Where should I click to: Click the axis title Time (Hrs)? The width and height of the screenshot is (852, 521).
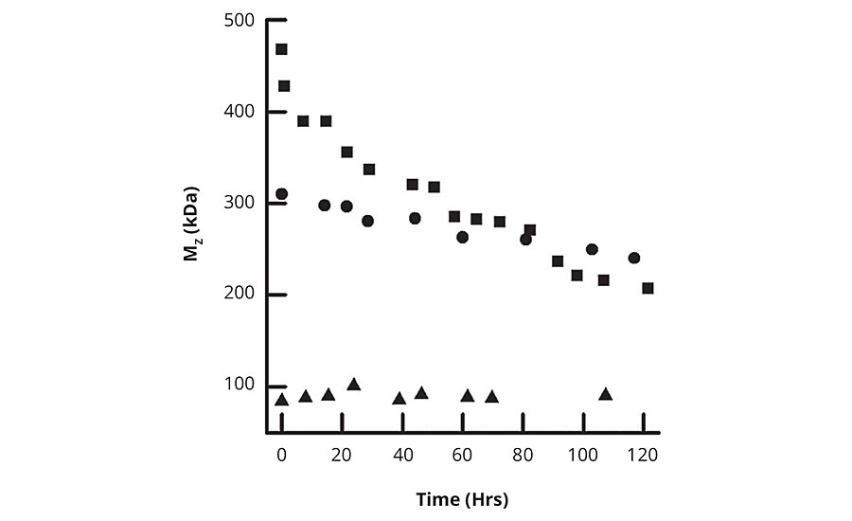point(462,497)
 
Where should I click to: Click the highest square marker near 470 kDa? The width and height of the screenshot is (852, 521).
point(281,49)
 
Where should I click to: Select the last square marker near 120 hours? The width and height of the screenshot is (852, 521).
point(648,288)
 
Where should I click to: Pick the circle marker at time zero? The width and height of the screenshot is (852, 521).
point(281,194)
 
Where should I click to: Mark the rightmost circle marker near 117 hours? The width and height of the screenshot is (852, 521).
point(634,258)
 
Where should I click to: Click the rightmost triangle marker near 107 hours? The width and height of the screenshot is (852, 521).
point(605,394)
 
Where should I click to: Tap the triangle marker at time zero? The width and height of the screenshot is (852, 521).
point(281,400)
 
